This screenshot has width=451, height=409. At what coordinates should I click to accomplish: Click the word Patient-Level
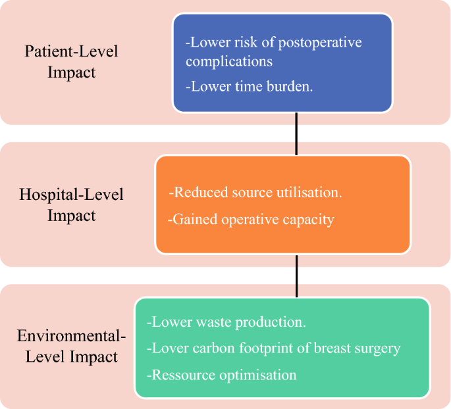[x=71, y=51]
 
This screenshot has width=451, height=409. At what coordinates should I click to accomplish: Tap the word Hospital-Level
[x=71, y=195]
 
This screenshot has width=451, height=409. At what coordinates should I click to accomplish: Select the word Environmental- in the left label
[x=71, y=336]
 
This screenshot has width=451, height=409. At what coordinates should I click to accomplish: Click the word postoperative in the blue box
[x=320, y=43]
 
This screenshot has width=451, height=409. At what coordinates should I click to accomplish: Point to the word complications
[x=229, y=61]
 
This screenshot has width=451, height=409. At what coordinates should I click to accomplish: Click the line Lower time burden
[x=249, y=86]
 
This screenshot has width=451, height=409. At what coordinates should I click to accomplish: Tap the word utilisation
[x=309, y=192]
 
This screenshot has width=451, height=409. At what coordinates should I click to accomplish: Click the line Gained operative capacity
[x=251, y=220]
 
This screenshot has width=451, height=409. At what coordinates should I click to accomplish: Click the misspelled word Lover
[x=168, y=348]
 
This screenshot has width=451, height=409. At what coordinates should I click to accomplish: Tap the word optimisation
[x=258, y=375]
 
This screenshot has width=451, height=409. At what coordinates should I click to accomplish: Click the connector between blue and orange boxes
[x=296, y=134]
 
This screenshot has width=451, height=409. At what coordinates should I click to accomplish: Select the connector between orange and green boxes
[x=296, y=276]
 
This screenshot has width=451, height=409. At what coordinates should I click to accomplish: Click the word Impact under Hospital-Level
[x=71, y=216]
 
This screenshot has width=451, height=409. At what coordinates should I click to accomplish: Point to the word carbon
[x=214, y=348]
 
